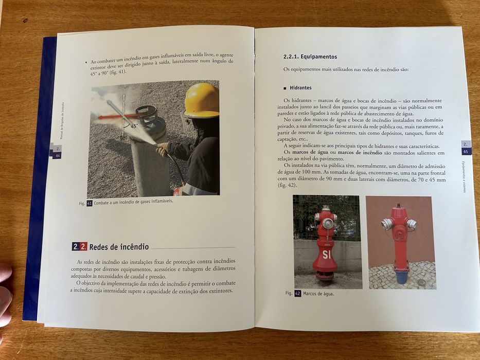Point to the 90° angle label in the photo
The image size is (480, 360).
[x=123, y=138]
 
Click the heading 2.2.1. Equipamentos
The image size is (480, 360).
[x=310, y=57]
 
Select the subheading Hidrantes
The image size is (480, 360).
[x=300, y=88]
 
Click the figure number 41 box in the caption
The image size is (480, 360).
[x=89, y=203]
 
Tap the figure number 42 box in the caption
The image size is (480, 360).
[x=297, y=294]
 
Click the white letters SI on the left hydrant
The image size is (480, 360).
[x=326, y=254]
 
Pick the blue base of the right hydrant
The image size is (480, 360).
[x=401, y=277]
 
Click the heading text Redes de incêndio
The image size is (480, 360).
[x=119, y=246]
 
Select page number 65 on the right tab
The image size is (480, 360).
[x=466, y=152]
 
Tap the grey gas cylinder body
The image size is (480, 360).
[x=149, y=165]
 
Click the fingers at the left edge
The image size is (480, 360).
[x=5, y=298]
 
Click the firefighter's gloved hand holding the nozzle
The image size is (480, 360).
[x=162, y=150]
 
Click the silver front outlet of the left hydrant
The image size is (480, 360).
[x=328, y=223]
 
